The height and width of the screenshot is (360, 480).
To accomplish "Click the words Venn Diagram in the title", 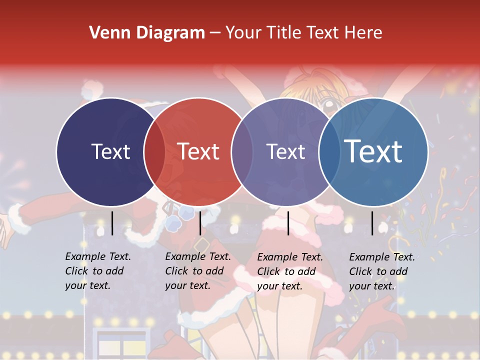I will point(147,33).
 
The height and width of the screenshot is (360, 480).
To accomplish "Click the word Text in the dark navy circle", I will point(110,151).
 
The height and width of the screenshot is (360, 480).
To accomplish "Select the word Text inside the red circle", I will point(198,151).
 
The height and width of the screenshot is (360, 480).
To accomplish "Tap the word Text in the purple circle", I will point(286,151).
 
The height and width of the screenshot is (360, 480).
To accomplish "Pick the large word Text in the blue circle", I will point(373,151).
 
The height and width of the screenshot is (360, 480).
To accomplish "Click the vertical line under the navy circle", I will point(112,223).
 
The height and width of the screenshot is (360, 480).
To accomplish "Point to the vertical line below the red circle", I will point(200,223).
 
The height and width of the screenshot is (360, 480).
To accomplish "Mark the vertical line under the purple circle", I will point(288,223).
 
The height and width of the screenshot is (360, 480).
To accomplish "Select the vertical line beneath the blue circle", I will point(372,223).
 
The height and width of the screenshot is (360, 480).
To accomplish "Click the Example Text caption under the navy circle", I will point(98,270).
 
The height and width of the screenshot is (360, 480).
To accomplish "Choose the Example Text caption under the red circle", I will point(198,270).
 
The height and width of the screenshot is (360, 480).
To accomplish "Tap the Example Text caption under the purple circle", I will point(290,271).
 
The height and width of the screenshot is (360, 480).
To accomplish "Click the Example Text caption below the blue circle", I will point(382,271).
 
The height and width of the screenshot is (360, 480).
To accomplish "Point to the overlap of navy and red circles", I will point(154,151).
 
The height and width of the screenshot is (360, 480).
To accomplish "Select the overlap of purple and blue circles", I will point(327,151).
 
